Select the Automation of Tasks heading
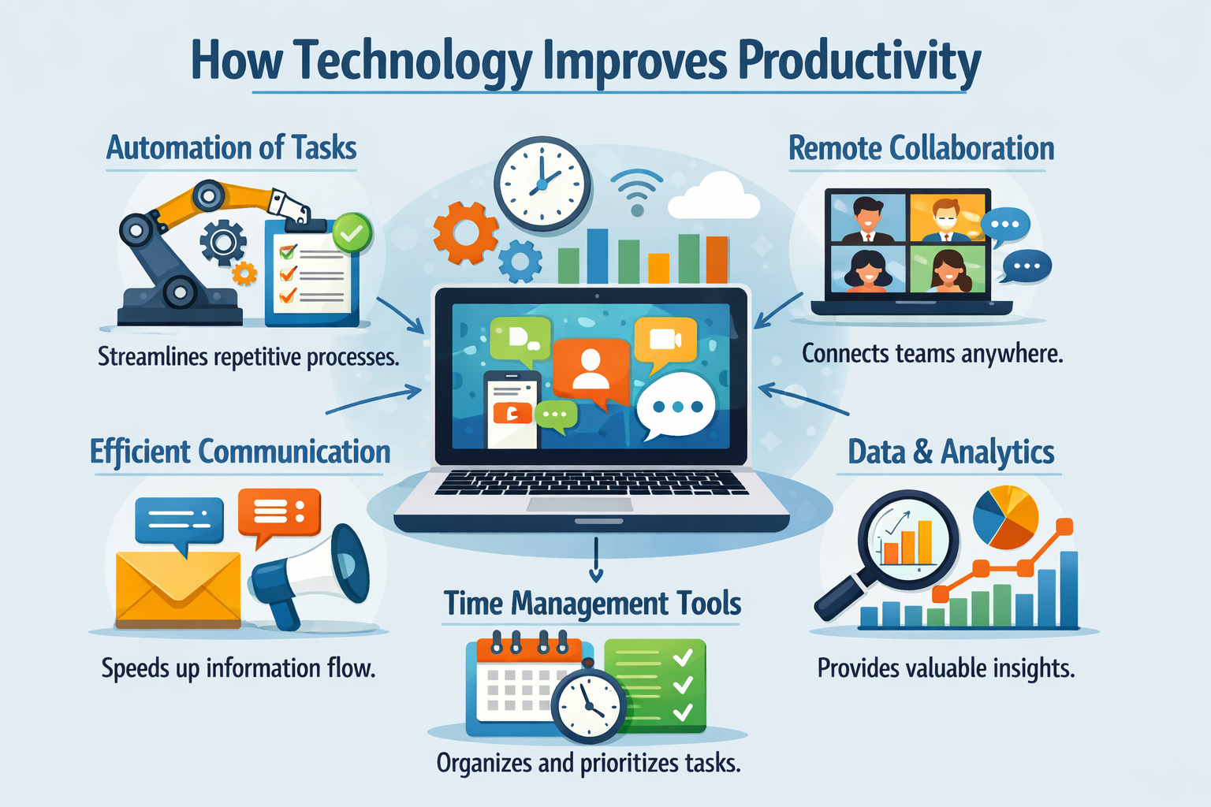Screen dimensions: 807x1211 231,148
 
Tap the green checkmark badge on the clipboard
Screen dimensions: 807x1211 352,232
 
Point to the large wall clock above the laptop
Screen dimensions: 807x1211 542,184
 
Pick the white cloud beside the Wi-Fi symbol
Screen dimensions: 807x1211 714,197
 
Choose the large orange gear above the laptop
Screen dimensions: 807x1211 465,232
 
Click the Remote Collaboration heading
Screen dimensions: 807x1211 921,148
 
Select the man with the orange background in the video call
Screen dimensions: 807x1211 946,219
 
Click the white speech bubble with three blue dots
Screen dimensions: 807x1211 676,407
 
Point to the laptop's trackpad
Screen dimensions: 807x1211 567,504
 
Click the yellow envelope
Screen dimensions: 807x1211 178,588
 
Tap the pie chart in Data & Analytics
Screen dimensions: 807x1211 1006,517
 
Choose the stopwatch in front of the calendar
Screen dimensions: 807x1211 588,704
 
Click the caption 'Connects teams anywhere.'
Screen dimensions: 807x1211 932,354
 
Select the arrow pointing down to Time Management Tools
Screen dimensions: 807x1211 596,561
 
